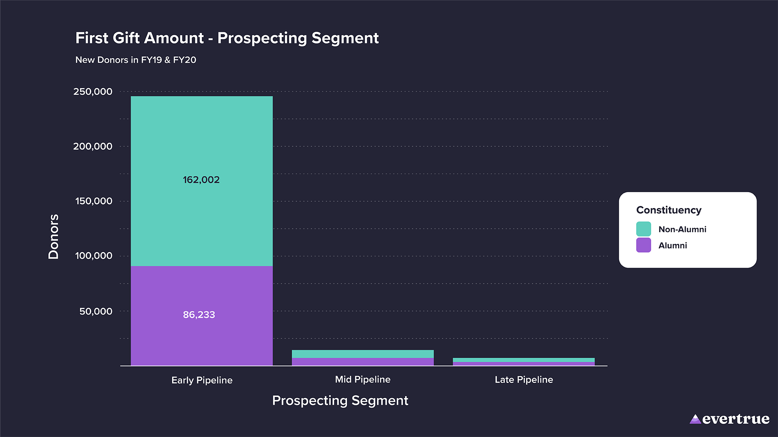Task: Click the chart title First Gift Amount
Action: pyautogui.click(x=227, y=38)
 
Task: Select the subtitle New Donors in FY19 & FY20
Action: pyautogui.click(x=136, y=60)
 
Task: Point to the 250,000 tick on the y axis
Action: pyautogui.click(x=93, y=92)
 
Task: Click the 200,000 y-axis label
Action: pyautogui.click(x=93, y=146)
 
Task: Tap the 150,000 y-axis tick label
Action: pyautogui.click(x=94, y=201)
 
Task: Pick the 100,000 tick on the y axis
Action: pyautogui.click(x=94, y=256)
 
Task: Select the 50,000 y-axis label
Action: pyautogui.click(x=96, y=312)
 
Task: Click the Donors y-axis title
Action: pyautogui.click(x=53, y=237)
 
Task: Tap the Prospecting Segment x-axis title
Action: pyautogui.click(x=340, y=401)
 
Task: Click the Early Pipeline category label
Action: pyautogui.click(x=202, y=380)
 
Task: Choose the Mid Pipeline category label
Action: pyautogui.click(x=363, y=380)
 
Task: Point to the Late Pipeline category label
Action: pyautogui.click(x=524, y=380)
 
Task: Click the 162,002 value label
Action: pyautogui.click(x=201, y=180)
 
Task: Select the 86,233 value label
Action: pyautogui.click(x=199, y=315)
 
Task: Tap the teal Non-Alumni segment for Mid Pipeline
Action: pyautogui.click(x=363, y=354)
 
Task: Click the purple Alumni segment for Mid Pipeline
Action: pyautogui.click(x=363, y=362)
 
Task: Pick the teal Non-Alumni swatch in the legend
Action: pyautogui.click(x=643, y=229)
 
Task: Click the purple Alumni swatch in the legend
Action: pyautogui.click(x=643, y=245)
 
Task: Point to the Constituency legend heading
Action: pyautogui.click(x=669, y=210)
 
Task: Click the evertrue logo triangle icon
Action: pyautogui.click(x=695, y=419)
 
